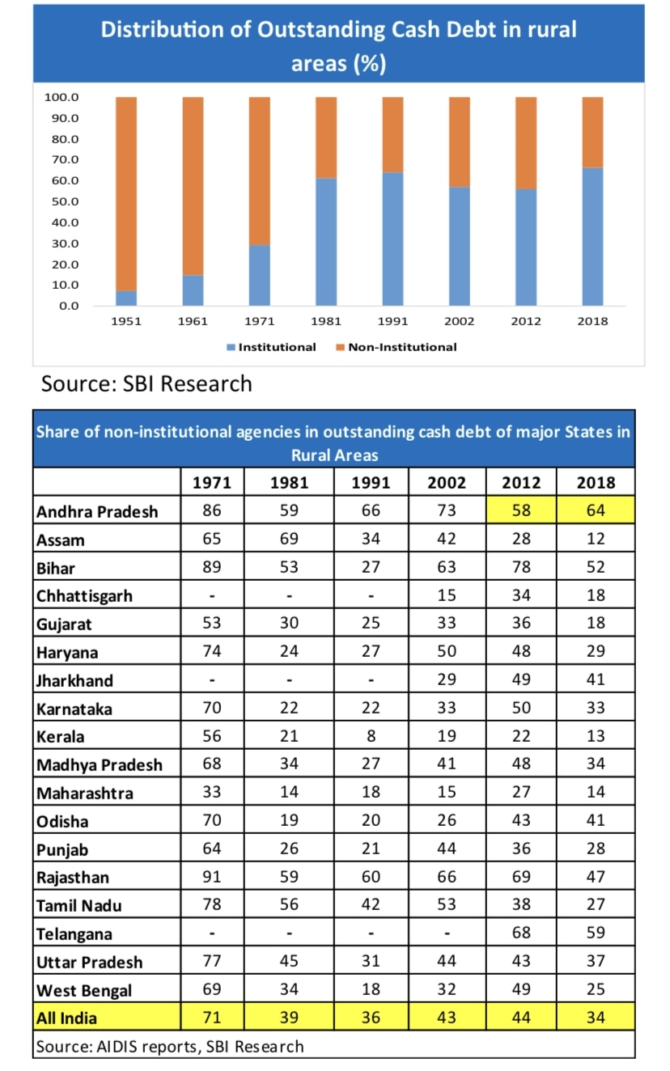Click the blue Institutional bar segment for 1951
pyautogui.click(x=125, y=298)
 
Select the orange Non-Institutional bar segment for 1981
pyautogui.click(x=326, y=138)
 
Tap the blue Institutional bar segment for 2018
pyautogui.click(x=592, y=236)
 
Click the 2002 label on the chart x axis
pyautogui.click(x=459, y=321)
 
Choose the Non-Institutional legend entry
pyautogui.click(x=396, y=347)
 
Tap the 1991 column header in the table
pyautogui.click(x=371, y=483)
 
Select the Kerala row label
pyautogui.click(x=61, y=737)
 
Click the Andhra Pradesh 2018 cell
pyautogui.click(x=596, y=511)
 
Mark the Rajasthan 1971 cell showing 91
pyautogui.click(x=211, y=878)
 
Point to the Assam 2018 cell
pyautogui.click(x=596, y=539)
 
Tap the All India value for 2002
pyautogui.click(x=447, y=1018)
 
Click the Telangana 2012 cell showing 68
pyautogui.click(x=522, y=933)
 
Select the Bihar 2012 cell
pyautogui.click(x=522, y=567)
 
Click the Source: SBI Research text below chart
pyautogui.click(x=146, y=383)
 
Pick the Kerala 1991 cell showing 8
pyautogui.click(x=371, y=737)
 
